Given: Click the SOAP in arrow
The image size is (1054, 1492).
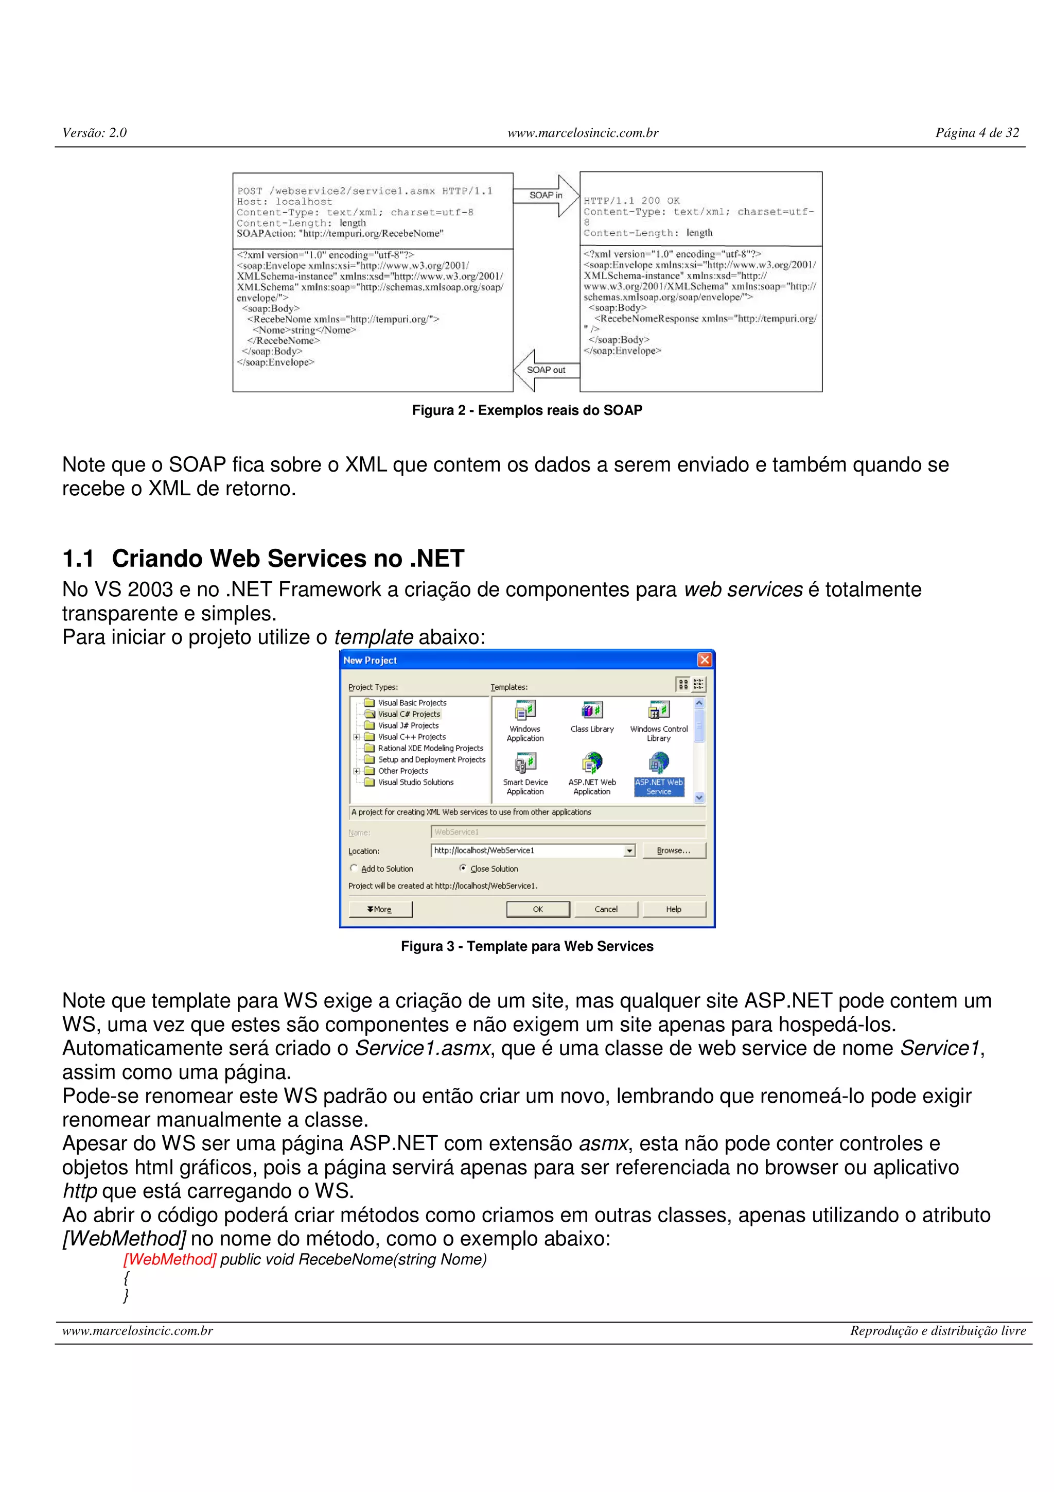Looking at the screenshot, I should coord(546,196).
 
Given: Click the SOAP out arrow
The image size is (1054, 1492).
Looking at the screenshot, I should coord(546,370).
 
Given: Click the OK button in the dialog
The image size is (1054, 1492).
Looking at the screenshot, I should coord(538,909).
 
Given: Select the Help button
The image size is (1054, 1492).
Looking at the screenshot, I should coord(674,909).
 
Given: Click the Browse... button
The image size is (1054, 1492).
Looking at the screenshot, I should coord(674,850).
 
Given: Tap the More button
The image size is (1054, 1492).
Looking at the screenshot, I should coord(380,909).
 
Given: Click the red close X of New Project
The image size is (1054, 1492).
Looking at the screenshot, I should coord(704,660).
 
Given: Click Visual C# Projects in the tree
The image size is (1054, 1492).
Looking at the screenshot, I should coord(409,714).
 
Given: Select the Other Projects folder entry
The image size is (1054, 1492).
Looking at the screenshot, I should coord(402,771).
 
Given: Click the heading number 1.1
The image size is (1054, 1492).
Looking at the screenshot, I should coord(78,558).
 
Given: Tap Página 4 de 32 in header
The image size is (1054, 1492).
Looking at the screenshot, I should coord(977,132).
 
